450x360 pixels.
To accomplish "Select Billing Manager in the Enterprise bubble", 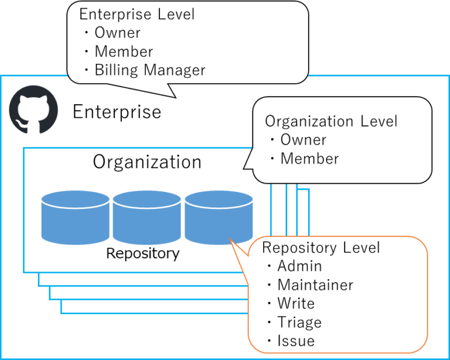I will point(150,71).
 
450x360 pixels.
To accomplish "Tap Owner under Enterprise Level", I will point(117,33).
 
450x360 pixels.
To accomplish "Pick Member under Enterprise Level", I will point(124,52).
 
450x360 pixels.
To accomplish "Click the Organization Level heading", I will point(331,121).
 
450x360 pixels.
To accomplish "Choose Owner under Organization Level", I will point(303,140).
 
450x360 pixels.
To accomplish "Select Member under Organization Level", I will point(309,159).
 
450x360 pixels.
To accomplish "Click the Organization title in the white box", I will point(147,162).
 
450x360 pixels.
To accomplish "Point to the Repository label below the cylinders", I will point(142,253).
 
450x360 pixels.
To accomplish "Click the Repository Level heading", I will point(321,248).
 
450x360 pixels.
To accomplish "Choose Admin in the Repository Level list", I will point(299,266).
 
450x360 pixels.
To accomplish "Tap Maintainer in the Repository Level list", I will point(315,285).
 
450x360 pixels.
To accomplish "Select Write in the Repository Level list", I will point(296,304).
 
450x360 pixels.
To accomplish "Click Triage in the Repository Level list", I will point(299,323).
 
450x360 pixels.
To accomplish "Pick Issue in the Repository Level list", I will point(296,341).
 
